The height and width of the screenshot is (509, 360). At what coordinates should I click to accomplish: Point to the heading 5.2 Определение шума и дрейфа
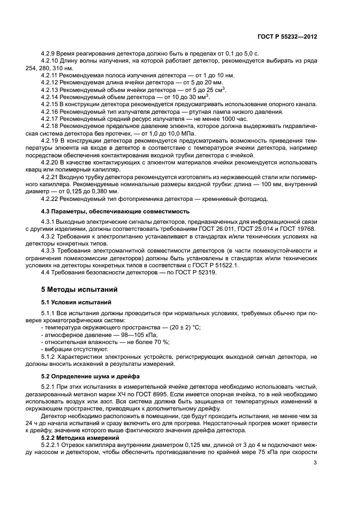(x=90, y=376)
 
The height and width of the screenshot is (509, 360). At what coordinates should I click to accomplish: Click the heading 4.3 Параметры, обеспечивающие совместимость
(x=115, y=211)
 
